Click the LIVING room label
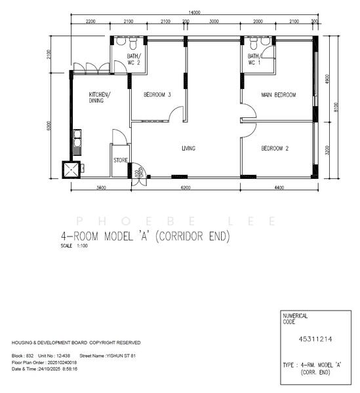188,149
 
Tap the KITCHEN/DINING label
100,98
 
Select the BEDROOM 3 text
157,95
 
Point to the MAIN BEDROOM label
279,95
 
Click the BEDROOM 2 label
275,149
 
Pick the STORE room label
120,159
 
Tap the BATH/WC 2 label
133,60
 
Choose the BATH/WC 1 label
254,60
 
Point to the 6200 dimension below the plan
186,189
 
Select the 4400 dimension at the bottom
279,189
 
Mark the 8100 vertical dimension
337,107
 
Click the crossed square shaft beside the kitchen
70,169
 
